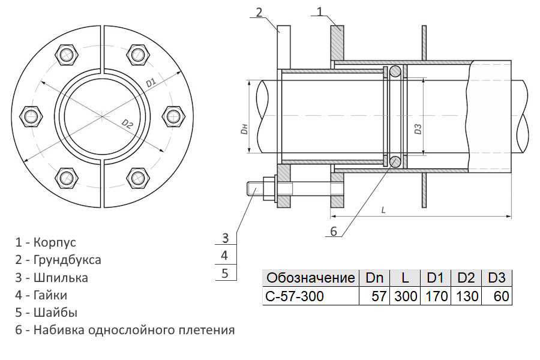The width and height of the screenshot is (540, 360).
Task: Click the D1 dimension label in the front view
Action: coord(151,83)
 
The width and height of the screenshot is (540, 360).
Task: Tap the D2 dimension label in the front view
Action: coord(127,124)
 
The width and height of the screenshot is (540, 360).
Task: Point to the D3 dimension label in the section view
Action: coord(418,129)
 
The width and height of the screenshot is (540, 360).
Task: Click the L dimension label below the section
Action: coord(383,209)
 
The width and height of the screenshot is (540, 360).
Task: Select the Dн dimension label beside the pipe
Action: coord(244,130)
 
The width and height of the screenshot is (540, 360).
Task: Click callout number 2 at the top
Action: coord(259,13)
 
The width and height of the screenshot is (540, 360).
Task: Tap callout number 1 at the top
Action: coord(320,11)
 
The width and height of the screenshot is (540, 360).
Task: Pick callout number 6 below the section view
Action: coord(334,231)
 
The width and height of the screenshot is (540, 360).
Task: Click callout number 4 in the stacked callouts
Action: coord(224,255)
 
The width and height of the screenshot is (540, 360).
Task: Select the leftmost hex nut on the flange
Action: coord(31,116)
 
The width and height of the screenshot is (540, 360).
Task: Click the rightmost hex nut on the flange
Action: coord(173,116)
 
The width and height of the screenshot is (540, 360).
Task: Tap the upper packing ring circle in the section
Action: coord(395,71)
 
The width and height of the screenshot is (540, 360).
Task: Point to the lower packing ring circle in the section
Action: coord(395,161)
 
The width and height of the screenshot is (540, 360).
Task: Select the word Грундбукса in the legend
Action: coord(67,260)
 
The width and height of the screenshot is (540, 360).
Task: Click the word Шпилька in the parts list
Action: coord(61,277)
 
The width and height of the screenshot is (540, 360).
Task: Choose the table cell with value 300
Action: coord(406,296)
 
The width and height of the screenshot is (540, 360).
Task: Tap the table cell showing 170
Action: coord(437,296)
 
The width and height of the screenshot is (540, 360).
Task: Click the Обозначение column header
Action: coord(311,278)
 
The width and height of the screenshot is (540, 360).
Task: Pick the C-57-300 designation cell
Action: coord(295,296)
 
